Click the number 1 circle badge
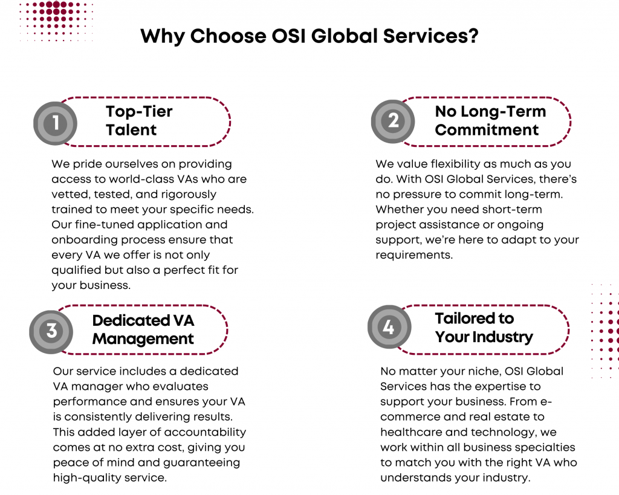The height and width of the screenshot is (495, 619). pos(55,123)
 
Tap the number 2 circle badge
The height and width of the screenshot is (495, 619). pos(393,121)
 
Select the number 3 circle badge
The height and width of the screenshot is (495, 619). pos(51,332)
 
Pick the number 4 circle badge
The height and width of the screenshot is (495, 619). pos(389,327)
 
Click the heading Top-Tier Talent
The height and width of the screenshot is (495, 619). pos(139,121)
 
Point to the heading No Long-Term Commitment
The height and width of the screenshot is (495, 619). pos(490,121)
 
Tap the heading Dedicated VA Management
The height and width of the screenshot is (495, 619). pos(143,329)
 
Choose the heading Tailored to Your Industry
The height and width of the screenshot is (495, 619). pos(484,328)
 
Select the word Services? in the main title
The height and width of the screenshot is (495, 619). pos(430,36)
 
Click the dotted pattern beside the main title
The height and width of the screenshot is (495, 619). pos(56,21)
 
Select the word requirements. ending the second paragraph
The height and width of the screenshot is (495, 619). pos(414,256)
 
